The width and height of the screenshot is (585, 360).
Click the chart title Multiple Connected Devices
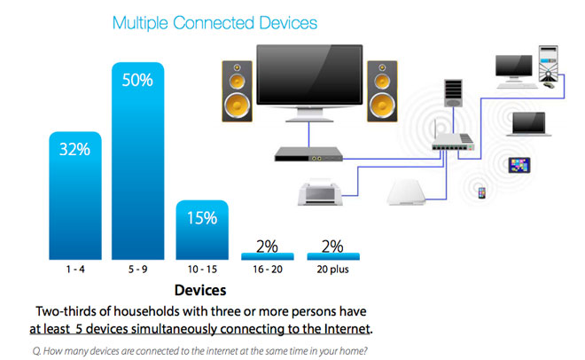(x=214, y=21)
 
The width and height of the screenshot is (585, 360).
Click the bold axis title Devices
(x=200, y=290)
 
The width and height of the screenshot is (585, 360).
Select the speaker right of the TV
(x=385, y=91)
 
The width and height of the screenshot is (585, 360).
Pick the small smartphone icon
(x=482, y=192)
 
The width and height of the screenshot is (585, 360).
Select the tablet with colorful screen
(x=519, y=165)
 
